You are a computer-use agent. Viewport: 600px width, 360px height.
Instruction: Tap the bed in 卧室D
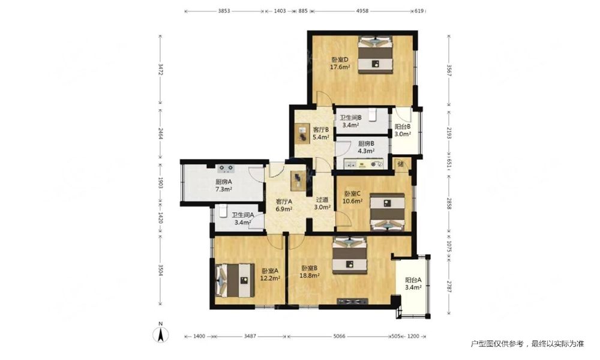(x=376, y=55)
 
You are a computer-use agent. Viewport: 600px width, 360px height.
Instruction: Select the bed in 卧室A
(x=235, y=280)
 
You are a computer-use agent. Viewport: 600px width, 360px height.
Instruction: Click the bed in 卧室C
(x=388, y=212)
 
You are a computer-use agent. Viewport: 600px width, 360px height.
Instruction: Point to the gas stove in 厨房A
(x=226, y=168)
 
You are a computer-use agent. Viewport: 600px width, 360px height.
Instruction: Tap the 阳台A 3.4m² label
(x=413, y=283)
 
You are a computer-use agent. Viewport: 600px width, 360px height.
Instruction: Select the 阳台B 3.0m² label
(x=403, y=130)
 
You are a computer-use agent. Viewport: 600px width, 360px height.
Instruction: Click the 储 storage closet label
(x=400, y=164)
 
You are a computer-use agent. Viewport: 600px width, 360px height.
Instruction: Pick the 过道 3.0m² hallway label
(x=322, y=203)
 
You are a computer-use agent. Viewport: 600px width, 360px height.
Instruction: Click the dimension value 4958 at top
(x=362, y=11)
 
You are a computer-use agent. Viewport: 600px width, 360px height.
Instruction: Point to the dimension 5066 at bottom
(x=339, y=336)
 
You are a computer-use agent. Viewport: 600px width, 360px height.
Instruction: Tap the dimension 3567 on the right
(x=449, y=70)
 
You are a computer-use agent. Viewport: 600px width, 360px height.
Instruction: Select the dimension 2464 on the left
(x=161, y=133)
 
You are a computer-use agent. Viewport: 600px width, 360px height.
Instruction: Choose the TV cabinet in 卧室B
(x=352, y=301)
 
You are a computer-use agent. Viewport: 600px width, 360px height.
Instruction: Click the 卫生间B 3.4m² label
(x=351, y=121)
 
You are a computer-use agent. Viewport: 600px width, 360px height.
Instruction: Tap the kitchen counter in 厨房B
(x=364, y=164)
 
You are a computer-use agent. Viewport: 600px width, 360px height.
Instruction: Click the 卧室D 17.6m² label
(x=340, y=63)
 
